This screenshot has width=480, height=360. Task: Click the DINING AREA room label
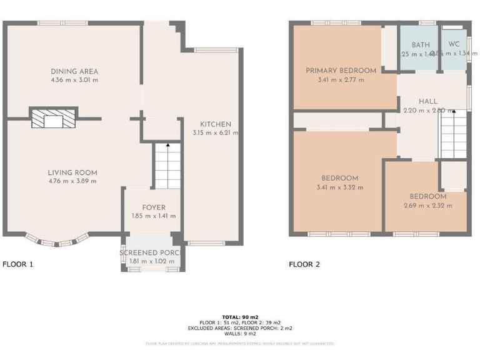[74, 71]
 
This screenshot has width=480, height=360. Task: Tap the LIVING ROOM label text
[73, 172]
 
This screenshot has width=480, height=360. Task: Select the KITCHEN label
[216, 124]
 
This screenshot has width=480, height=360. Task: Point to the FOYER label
[153, 207]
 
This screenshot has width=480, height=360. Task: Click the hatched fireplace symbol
[54, 117]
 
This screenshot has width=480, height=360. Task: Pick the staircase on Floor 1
[167, 165]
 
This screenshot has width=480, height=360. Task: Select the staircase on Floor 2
[453, 134]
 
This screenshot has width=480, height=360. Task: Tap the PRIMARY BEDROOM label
[341, 71]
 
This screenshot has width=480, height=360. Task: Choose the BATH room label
[421, 45]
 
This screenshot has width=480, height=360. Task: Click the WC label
[454, 45]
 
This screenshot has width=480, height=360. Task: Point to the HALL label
[428, 101]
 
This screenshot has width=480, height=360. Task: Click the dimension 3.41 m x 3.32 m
[340, 187]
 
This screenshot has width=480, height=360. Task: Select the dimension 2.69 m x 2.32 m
[427, 205]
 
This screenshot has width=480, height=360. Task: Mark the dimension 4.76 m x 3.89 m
[73, 181]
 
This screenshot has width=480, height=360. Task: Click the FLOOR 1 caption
[18, 264]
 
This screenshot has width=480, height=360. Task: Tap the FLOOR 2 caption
[304, 264]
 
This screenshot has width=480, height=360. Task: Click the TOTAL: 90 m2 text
[240, 317]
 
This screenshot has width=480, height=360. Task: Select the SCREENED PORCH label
[151, 252]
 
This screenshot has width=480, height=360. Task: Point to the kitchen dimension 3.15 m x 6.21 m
[216, 132]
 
